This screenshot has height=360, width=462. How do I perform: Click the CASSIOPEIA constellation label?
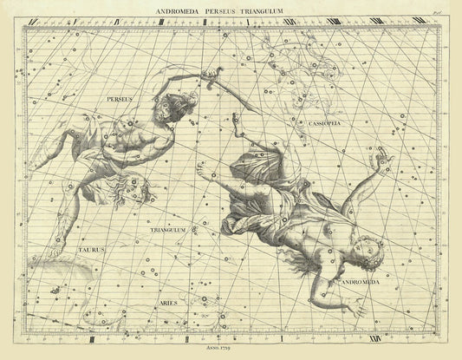pos(324,125)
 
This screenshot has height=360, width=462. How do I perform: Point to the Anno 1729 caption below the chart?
pos(231,348)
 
